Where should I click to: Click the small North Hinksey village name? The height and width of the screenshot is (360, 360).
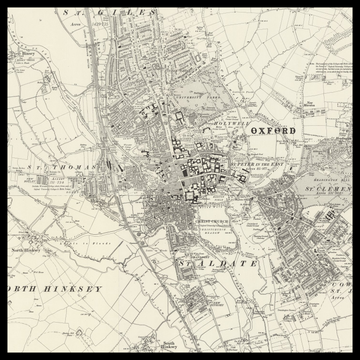pos(24,237)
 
